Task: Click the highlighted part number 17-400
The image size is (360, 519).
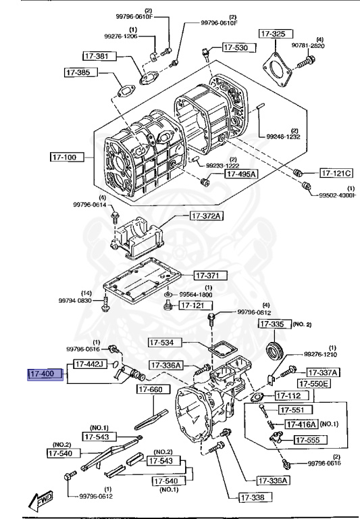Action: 45,373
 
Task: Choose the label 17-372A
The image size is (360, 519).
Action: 206,216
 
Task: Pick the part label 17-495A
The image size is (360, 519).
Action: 240,174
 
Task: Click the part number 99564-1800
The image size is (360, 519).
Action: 196,295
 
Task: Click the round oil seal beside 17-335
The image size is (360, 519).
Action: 274,351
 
